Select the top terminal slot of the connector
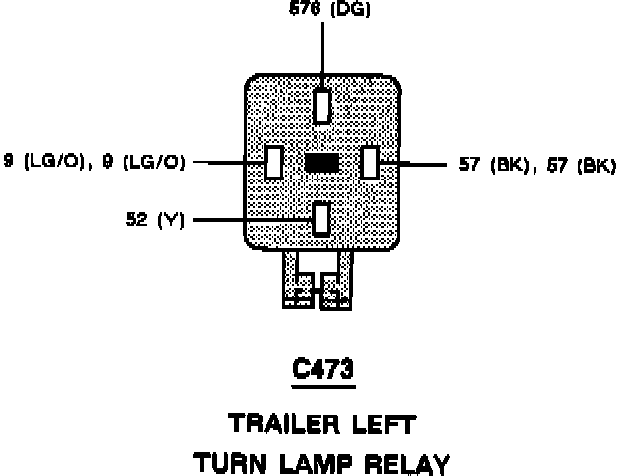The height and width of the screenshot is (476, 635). (322, 105)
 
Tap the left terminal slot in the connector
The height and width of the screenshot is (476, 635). (274, 162)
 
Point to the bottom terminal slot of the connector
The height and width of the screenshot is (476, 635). (321, 218)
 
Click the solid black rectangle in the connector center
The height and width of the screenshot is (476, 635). (322, 163)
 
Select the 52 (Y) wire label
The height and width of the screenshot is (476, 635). (155, 219)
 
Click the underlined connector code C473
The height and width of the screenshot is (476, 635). (322, 369)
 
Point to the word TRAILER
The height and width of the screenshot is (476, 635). (281, 423)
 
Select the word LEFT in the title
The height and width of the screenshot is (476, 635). (381, 423)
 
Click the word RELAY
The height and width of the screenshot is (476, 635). (406, 462)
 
